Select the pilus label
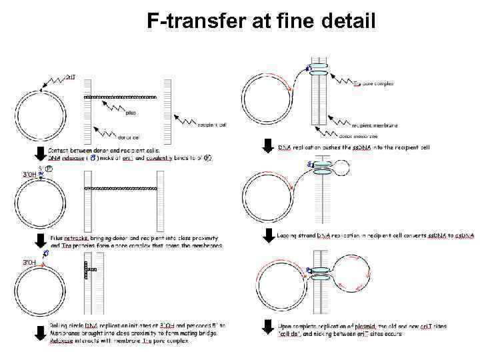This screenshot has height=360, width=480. click(x=131, y=113)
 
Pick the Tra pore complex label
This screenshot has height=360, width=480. click(x=373, y=84)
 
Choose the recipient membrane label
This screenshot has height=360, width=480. click(x=374, y=125)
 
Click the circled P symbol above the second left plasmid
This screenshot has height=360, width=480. click(x=49, y=169)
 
